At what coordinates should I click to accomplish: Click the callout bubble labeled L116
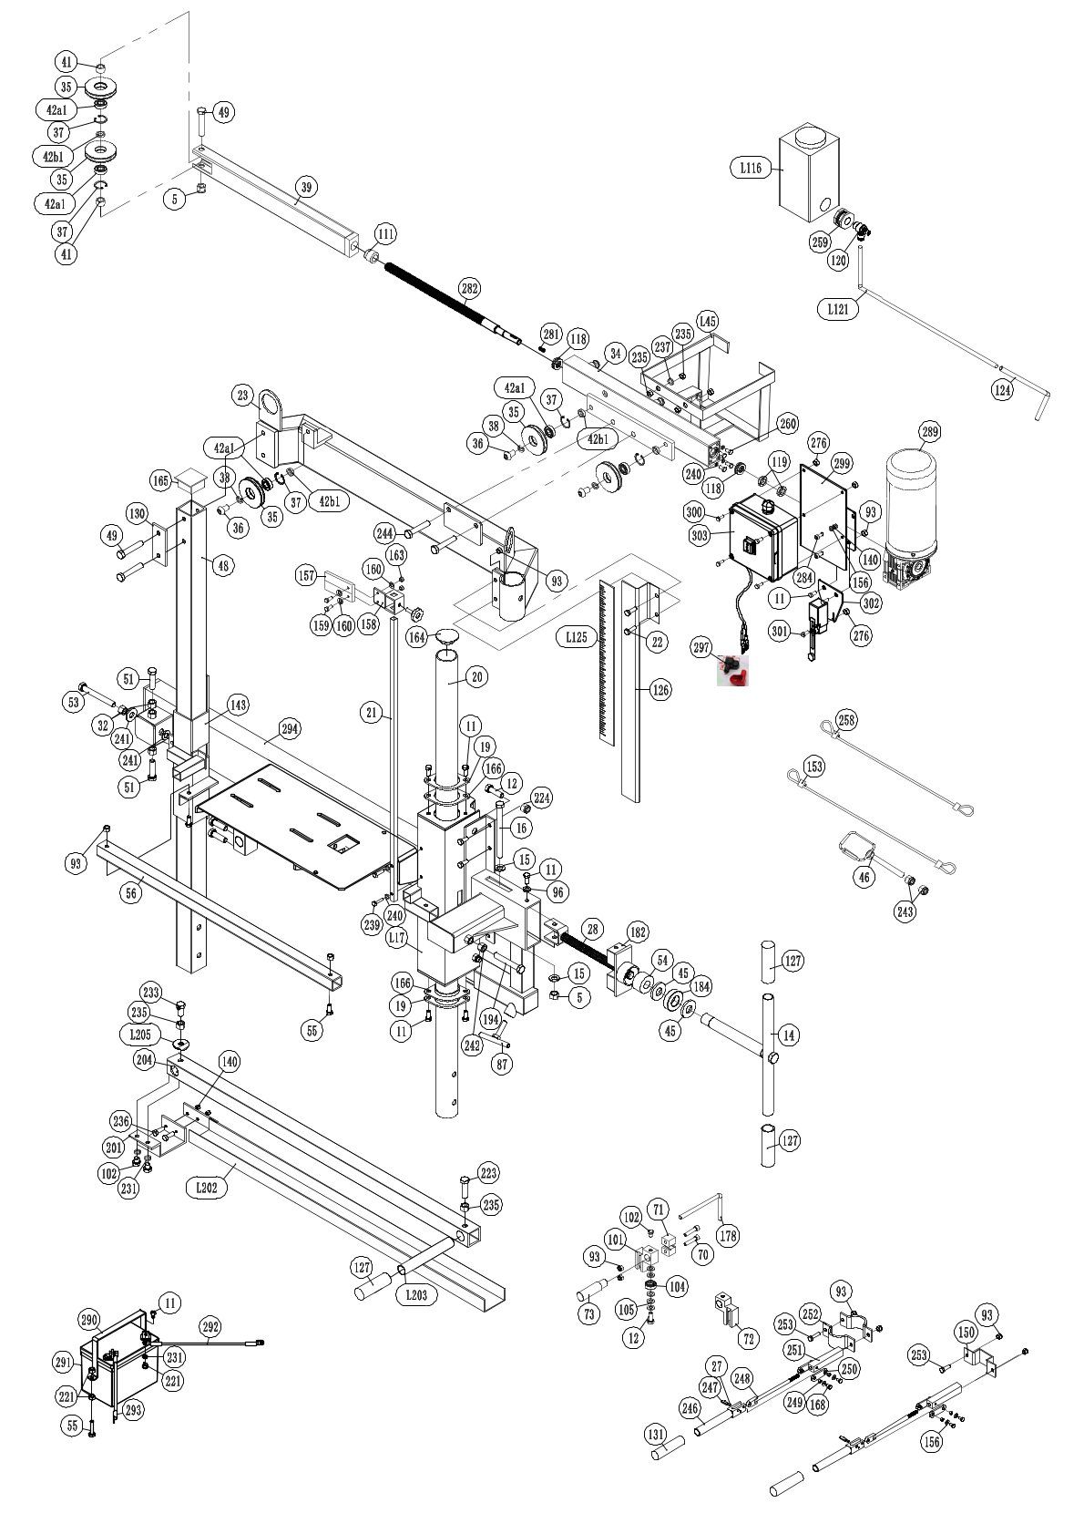[x=752, y=168]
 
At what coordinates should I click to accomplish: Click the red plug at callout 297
[x=736, y=673]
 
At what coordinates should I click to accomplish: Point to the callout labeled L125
[x=576, y=637]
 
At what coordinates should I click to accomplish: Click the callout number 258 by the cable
[x=846, y=720]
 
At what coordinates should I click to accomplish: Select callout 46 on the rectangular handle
[x=864, y=878]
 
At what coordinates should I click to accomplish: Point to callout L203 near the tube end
[x=416, y=1294]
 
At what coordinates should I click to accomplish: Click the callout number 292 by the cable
[x=210, y=1327]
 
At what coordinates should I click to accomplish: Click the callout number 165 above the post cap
[x=161, y=480]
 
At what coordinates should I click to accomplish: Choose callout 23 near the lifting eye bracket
[x=242, y=395]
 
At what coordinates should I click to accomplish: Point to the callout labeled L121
[x=838, y=309]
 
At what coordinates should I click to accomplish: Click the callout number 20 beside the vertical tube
[x=476, y=676]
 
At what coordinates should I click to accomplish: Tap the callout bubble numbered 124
[x=1002, y=390]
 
